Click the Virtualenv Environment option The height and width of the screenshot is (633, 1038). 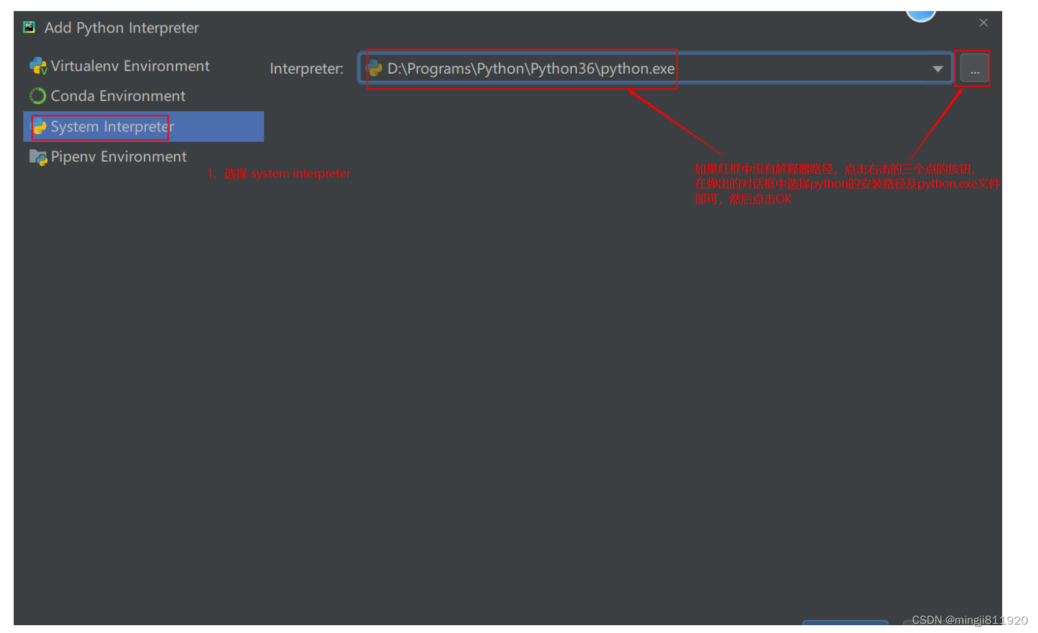(x=130, y=66)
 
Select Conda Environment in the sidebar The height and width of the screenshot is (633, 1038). (x=118, y=96)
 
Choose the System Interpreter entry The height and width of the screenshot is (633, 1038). (x=112, y=127)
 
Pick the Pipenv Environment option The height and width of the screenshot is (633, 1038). (x=119, y=157)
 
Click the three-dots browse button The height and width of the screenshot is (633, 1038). (x=974, y=69)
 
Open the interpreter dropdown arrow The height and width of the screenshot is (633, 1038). (x=937, y=69)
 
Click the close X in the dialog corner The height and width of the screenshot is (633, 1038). (x=983, y=23)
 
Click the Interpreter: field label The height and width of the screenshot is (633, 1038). (x=306, y=69)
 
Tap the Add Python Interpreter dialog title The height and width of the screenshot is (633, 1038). (x=121, y=28)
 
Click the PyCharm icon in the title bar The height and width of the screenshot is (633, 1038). (x=29, y=27)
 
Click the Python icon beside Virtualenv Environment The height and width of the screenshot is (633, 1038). (x=38, y=66)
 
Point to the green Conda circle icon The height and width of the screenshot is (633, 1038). (x=38, y=96)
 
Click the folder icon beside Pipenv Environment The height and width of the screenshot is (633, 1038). (x=38, y=157)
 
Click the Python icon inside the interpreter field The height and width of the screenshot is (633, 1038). (x=375, y=68)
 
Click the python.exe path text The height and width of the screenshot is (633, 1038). (x=530, y=69)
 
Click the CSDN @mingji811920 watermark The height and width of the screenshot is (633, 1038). (x=969, y=620)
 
